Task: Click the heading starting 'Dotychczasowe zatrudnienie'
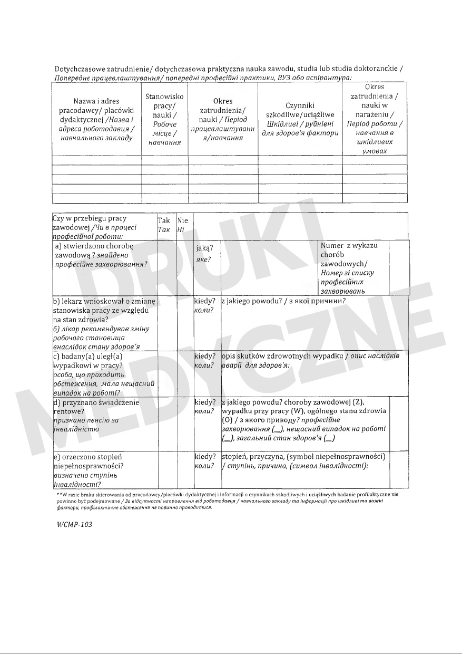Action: [229, 69]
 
